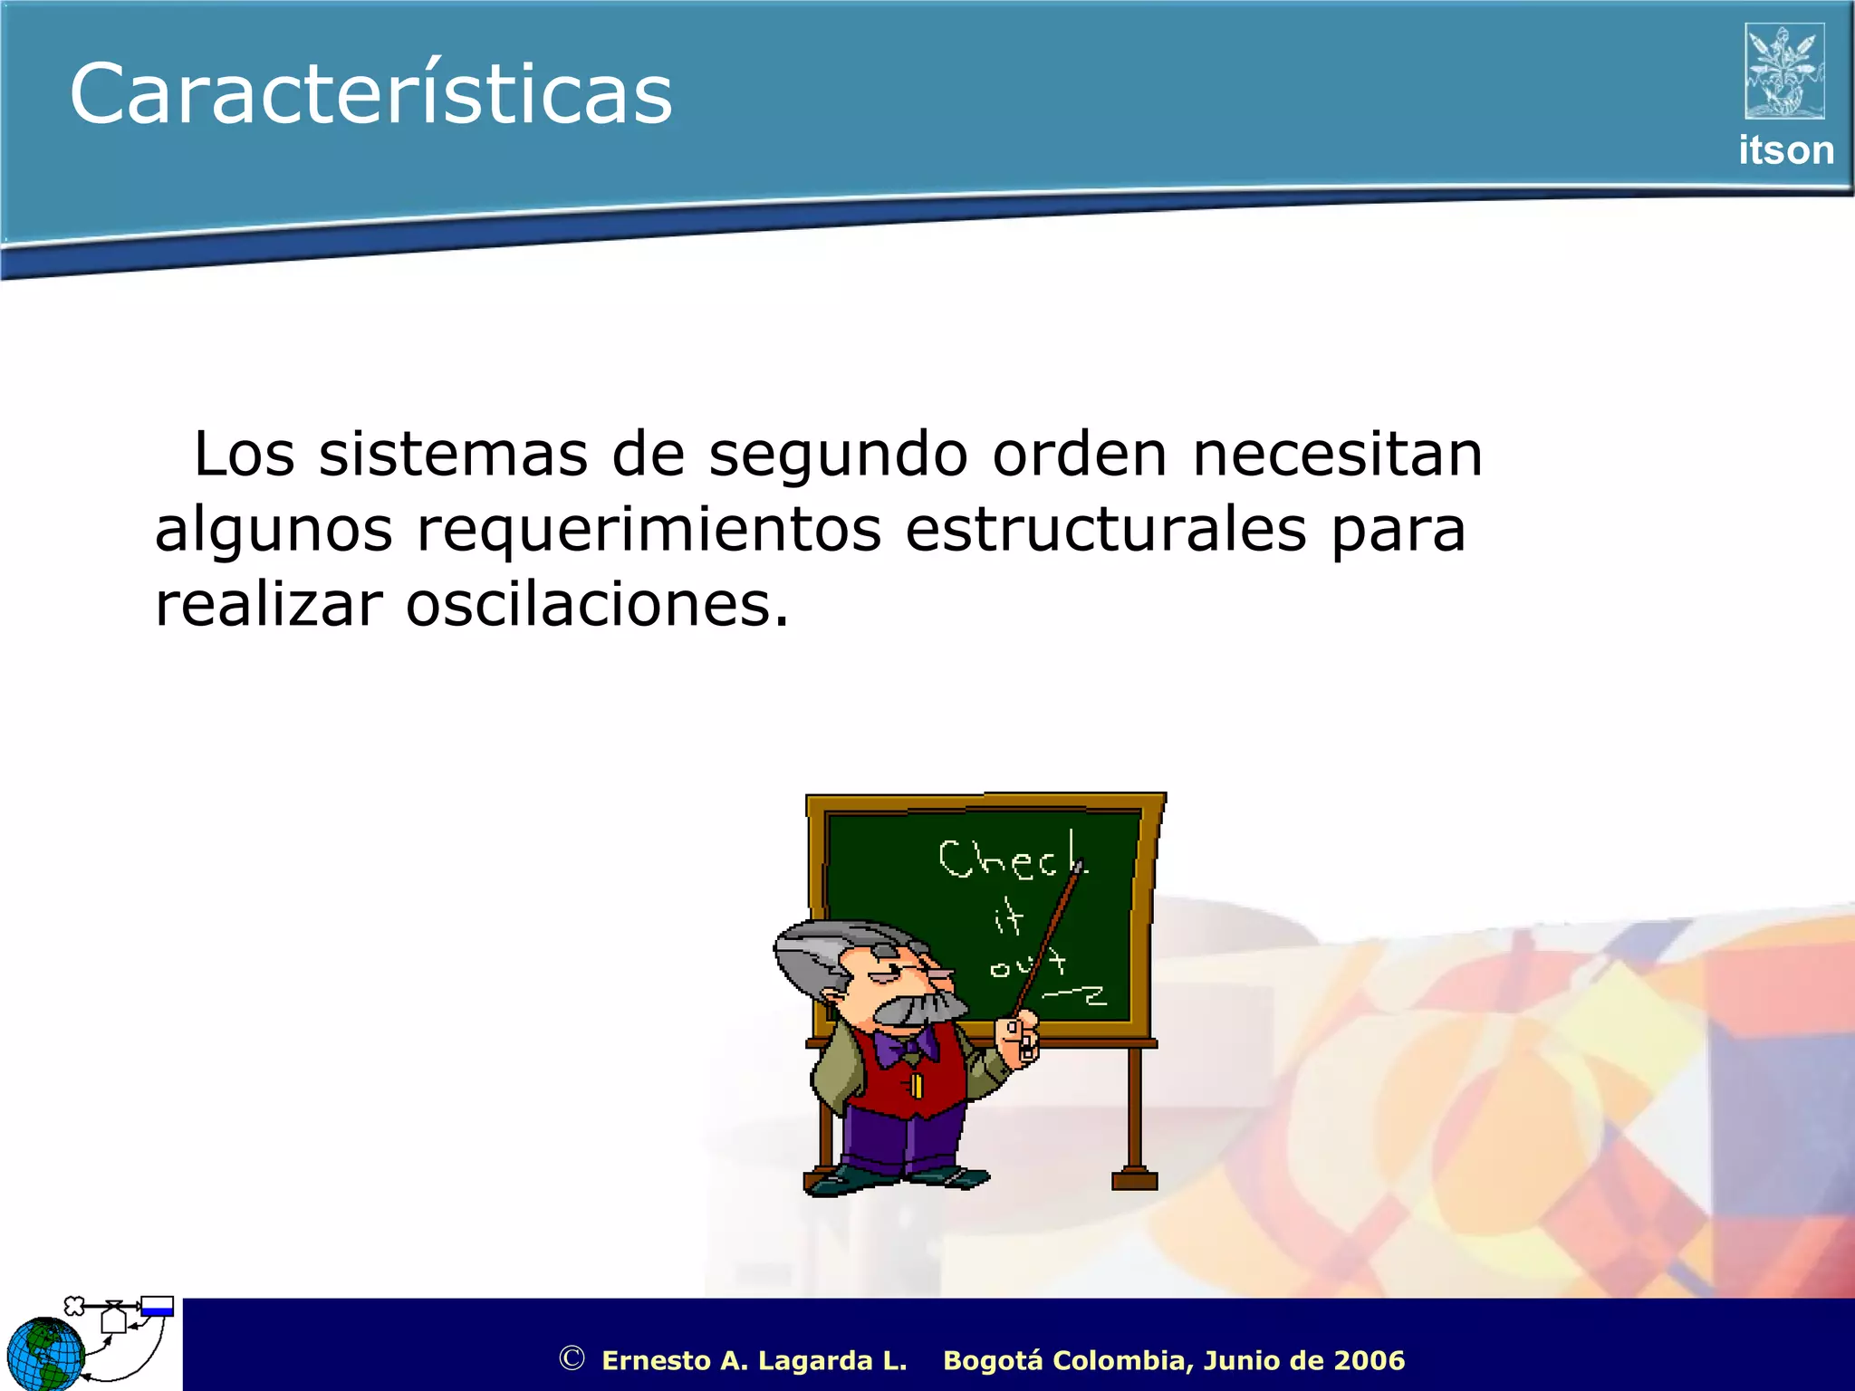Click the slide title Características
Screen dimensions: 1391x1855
[x=371, y=94]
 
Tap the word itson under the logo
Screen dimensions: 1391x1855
[x=1785, y=150]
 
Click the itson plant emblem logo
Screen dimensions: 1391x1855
[x=1784, y=71]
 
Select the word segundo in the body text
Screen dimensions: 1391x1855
[x=838, y=455]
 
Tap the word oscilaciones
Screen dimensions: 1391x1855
[x=597, y=605]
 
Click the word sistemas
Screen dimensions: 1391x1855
[x=453, y=455]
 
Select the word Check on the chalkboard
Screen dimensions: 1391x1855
[x=1010, y=859]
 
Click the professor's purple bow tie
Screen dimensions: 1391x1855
[x=908, y=1048]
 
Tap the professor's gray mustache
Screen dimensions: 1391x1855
[x=915, y=1007]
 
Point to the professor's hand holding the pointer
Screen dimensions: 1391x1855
[x=1018, y=1037]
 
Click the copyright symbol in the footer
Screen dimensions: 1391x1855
[x=572, y=1358]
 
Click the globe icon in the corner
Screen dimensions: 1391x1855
[x=45, y=1354]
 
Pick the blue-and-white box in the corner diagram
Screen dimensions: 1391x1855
[x=157, y=1307]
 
